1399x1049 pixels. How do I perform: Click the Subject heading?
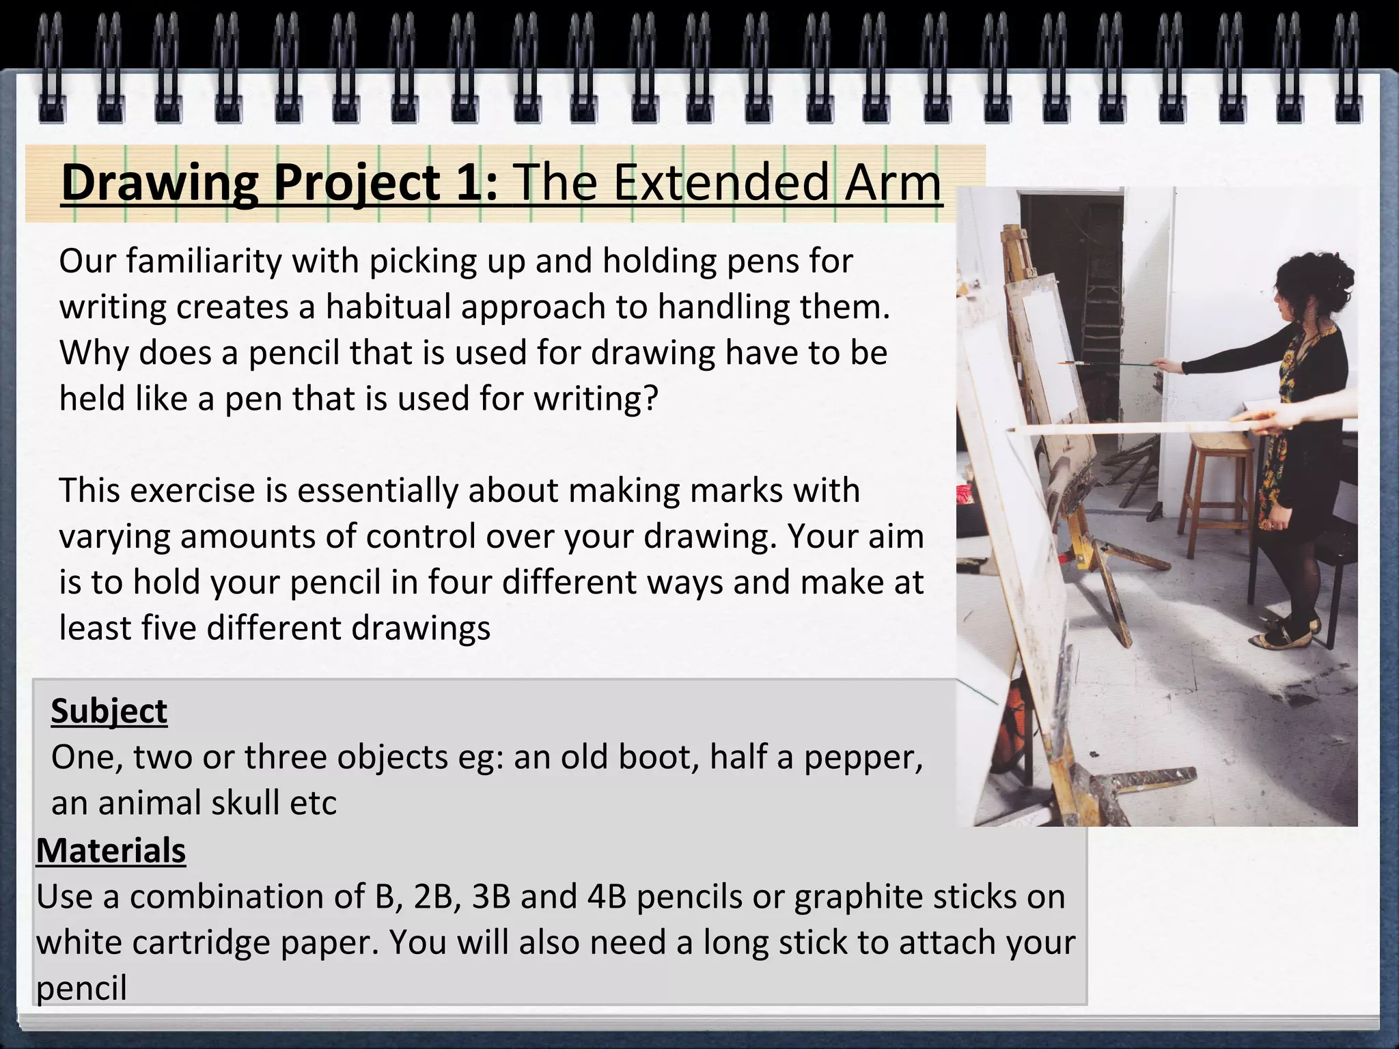pos(109,711)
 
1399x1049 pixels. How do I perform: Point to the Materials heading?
pos(111,851)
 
